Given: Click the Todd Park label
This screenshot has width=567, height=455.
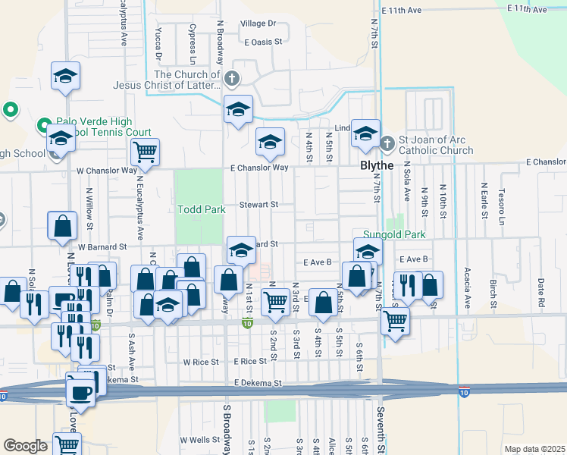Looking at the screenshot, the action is coord(201,209).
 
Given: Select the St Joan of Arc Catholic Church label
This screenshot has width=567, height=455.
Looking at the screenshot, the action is coord(436,146).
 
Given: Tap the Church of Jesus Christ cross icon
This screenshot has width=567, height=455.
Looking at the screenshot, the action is coord(232,77).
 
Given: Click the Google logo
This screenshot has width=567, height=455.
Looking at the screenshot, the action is coord(25,446).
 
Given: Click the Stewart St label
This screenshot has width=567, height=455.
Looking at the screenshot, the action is coord(260,205).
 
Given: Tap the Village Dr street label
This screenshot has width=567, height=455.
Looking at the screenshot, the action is coord(258,24).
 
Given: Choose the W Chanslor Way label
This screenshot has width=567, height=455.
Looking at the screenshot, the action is coord(105,171).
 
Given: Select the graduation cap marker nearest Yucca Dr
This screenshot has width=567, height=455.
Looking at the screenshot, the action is coord(66,76).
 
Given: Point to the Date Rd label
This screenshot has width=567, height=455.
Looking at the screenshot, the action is coord(541,290).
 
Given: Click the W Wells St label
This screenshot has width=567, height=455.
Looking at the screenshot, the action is coord(199,440).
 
